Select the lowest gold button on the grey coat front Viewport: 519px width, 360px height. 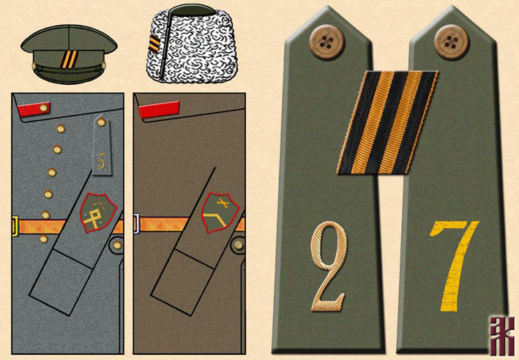click(x=45, y=239)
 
